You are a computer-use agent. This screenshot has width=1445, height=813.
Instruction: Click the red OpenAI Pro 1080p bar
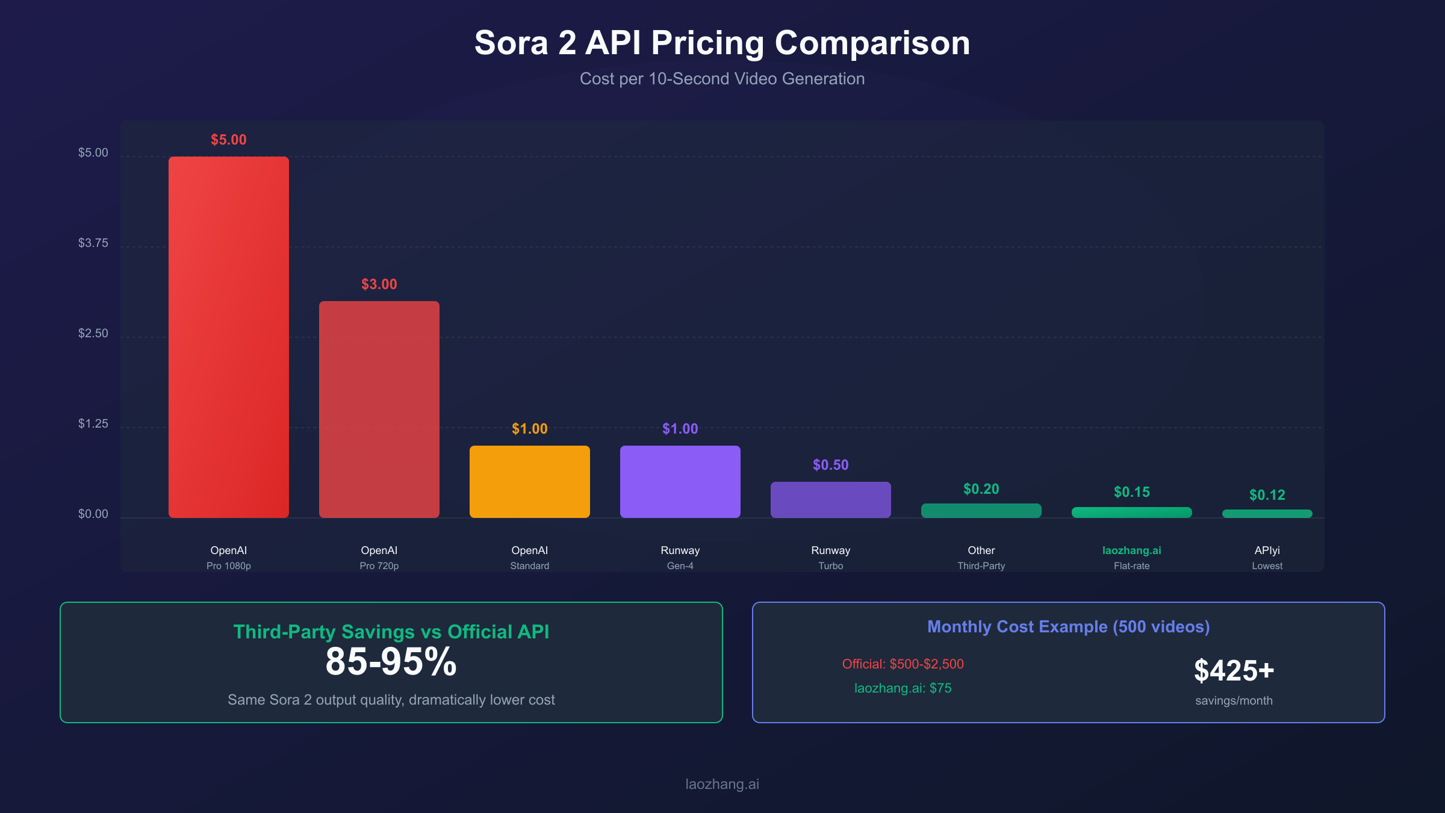tap(229, 337)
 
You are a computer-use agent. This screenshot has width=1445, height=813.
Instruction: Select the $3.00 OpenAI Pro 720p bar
tap(379, 410)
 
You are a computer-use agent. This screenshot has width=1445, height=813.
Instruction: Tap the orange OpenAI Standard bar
tap(530, 482)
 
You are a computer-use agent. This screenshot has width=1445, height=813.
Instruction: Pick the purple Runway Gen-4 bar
tap(680, 482)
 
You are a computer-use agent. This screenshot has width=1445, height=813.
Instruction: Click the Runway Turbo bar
tap(831, 500)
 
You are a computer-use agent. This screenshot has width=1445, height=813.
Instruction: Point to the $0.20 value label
tap(981, 489)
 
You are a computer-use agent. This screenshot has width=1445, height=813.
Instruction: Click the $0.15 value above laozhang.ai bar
tap(1132, 492)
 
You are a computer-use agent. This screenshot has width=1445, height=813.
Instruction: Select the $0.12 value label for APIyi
tap(1267, 495)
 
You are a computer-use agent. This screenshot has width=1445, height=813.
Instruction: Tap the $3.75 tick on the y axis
tap(93, 243)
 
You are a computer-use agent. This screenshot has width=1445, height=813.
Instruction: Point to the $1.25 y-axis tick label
tap(93, 423)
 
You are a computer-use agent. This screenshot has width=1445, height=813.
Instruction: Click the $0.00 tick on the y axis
tap(93, 514)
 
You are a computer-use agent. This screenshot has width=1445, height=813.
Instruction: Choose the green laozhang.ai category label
tap(1132, 550)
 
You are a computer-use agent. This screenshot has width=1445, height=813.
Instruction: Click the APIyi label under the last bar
tap(1267, 550)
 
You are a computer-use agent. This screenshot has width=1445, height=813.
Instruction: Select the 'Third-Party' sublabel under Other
tap(981, 566)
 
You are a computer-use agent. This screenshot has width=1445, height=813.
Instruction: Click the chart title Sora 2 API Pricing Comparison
tap(722, 43)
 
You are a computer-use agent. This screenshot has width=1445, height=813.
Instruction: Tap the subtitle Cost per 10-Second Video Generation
tap(722, 79)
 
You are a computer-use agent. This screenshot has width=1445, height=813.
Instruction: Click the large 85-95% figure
tap(391, 662)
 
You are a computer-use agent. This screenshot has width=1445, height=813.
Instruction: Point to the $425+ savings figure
tap(1234, 670)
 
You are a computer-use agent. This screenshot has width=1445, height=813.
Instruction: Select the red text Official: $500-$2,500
tap(903, 664)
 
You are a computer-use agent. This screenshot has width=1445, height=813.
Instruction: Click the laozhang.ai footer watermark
tap(722, 784)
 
